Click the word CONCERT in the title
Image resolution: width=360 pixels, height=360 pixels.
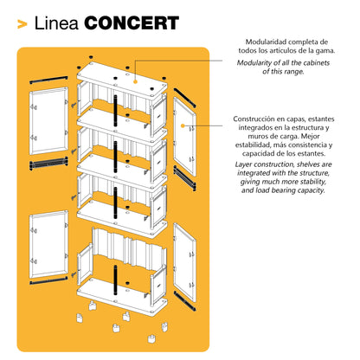point(132,23)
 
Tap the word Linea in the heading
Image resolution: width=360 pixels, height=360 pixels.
point(56,23)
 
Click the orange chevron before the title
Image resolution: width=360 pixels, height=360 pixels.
point(22,24)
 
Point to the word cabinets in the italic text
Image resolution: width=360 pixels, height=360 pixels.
point(315,63)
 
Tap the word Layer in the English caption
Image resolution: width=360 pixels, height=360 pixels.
point(243,164)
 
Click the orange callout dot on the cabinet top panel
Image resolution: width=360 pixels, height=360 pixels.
point(135,81)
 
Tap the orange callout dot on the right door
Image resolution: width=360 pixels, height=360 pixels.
point(183,125)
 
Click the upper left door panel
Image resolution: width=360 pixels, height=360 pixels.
point(48,121)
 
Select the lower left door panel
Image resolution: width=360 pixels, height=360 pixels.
point(48,245)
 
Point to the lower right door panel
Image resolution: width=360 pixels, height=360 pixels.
point(185,263)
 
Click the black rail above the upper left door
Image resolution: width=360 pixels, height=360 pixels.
point(48,80)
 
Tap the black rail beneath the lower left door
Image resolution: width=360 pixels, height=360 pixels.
point(48,280)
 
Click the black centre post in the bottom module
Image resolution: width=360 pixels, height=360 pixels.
point(116,280)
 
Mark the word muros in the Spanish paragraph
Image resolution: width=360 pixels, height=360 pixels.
point(255,136)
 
